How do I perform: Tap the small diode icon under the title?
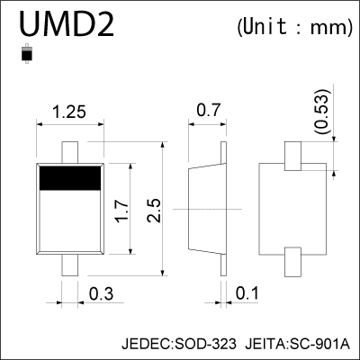coord(28,56)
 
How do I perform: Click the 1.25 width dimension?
coord(69,113)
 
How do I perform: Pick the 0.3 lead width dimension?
coord(101,292)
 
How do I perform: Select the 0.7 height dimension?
coord(208,113)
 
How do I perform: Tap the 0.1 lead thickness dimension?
coord(247,292)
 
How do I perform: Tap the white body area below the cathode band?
coord(69,225)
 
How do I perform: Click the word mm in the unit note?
coord(328,28)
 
